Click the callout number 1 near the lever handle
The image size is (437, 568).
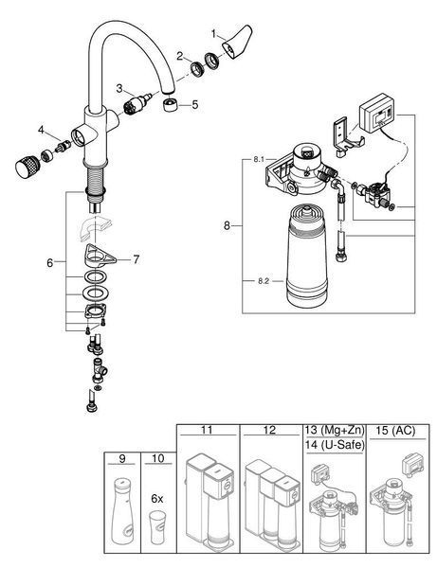pos(214,34)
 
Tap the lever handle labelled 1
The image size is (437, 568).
pos(236,42)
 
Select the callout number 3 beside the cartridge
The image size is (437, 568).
pos(119,88)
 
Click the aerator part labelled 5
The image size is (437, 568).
pos(170,105)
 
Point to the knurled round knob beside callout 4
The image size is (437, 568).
pos(27,167)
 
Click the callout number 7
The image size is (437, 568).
pos(136,259)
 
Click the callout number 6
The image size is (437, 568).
pos(49,263)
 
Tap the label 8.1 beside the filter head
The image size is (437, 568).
pos(259,160)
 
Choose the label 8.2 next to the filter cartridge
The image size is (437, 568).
pos(264,281)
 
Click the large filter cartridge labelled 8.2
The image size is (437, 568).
pos(306,255)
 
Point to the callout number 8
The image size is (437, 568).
pos(227,226)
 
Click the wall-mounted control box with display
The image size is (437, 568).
pos(377,113)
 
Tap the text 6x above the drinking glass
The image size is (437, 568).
pos(157,499)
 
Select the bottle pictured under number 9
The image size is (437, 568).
pos(122,511)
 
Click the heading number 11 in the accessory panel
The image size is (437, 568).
pos(207,430)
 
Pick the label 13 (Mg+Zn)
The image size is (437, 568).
pos(335,430)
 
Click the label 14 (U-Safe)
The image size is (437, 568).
pos(335,445)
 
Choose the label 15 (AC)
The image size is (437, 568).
pos(395,431)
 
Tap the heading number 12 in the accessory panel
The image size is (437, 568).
pos(269,430)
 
